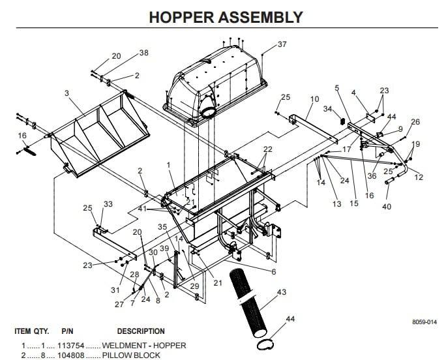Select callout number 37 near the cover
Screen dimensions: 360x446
click(x=282, y=44)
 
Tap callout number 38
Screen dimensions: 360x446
click(x=143, y=53)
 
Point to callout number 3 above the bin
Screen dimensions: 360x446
click(x=67, y=94)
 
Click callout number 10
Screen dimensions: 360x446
click(x=314, y=99)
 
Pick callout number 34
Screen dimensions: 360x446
click(x=328, y=109)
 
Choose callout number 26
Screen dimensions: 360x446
click(x=415, y=122)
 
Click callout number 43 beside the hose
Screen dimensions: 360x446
click(x=282, y=292)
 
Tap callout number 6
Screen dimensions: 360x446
click(x=273, y=271)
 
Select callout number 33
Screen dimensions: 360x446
click(x=108, y=204)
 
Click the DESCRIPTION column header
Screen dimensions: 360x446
click(x=141, y=331)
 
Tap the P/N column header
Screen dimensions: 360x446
click(x=67, y=331)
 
